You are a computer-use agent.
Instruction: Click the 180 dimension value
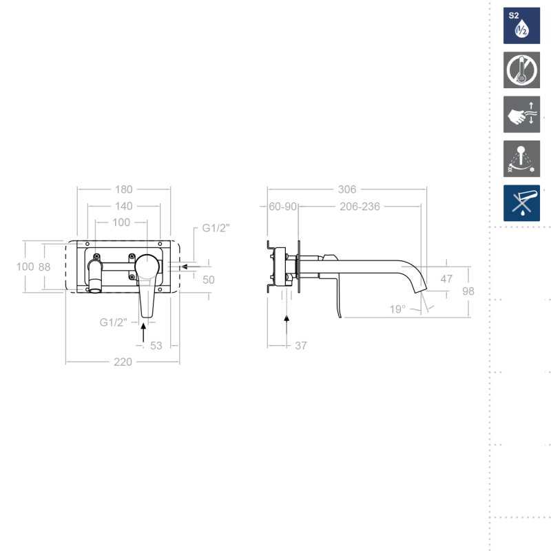tap(124, 189)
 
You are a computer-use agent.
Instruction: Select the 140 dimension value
tap(124, 206)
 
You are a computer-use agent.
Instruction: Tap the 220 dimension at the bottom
tap(123, 362)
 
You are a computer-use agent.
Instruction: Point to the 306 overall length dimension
tap(347, 189)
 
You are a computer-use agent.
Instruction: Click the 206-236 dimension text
tap(360, 206)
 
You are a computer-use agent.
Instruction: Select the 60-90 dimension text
tap(282, 206)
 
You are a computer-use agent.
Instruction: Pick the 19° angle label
tap(397, 309)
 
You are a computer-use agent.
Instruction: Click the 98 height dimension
tap(468, 291)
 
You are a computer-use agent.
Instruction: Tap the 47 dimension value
tap(446, 279)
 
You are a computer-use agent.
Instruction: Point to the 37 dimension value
tap(301, 346)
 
